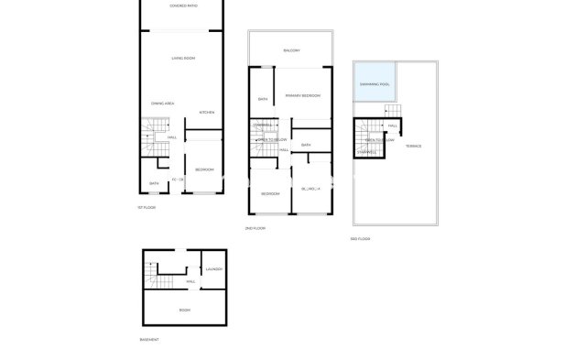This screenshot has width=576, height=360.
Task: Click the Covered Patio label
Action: coord(183,6)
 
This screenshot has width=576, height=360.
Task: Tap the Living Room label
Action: coord(183,59)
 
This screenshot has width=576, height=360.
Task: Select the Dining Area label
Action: coord(163,104)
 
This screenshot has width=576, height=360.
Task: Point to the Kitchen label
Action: coord(207,112)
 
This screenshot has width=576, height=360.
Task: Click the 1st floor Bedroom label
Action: coord(204,169)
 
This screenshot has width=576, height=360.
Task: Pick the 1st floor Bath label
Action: coord(155,183)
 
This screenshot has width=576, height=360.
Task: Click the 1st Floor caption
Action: coord(147,208)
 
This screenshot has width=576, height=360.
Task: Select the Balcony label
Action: coord(292,50)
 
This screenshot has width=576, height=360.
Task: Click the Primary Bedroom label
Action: coord(302,95)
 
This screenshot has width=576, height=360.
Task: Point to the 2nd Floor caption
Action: coord(255,228)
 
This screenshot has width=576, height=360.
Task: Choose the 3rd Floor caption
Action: coord(360,238)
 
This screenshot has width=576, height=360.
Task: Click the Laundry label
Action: coord(214,269)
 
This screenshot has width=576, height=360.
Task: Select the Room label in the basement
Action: coord(184,311)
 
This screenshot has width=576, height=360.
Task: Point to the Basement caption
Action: coord(150,339)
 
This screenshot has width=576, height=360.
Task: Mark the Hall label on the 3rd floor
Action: coord(392,125)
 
